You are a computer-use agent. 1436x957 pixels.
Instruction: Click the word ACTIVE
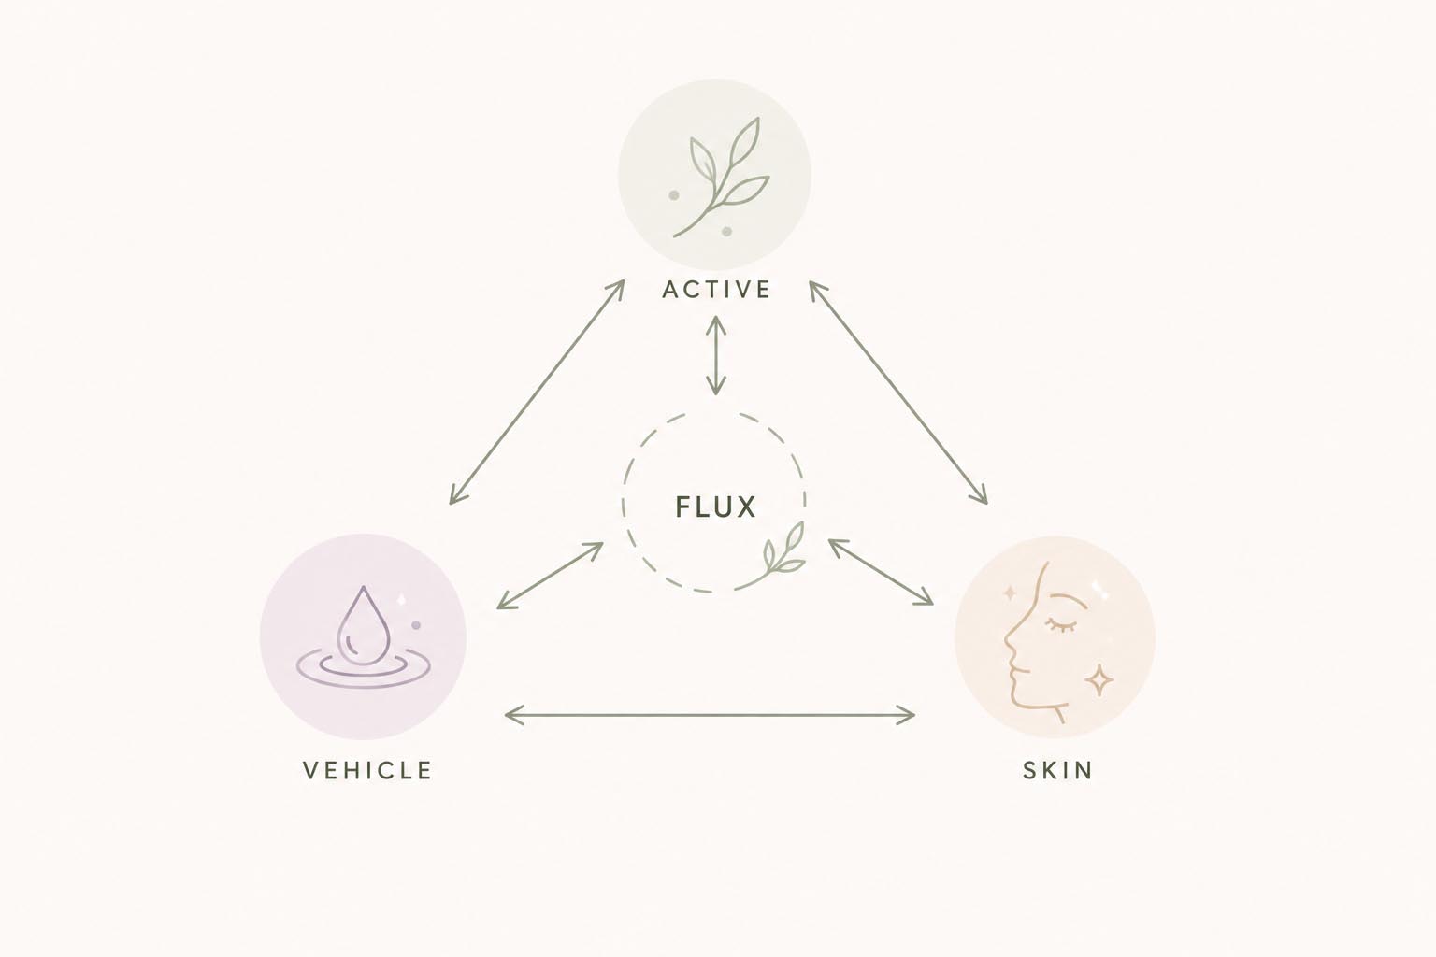coord(716,290)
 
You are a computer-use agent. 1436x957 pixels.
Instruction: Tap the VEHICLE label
coord(367,770)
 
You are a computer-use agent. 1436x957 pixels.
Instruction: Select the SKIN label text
coord(1057,770)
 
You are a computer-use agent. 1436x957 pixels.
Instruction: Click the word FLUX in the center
coord(716,507)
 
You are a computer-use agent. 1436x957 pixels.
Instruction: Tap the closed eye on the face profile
coord(1059,623)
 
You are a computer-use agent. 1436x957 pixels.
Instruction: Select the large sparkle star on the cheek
coord(1100,680)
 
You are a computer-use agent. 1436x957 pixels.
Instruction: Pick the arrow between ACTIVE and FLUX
coord(715,354)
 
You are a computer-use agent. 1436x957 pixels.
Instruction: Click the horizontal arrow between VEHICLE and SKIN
coord(710,714)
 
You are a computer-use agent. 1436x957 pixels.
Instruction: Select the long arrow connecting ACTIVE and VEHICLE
coord(537,393)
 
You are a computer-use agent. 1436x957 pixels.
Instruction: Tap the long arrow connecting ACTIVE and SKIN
coord(897,393)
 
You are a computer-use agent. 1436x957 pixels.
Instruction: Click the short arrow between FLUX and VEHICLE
coord(550,576)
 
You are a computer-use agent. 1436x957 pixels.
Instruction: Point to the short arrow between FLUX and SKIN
coord(881,572)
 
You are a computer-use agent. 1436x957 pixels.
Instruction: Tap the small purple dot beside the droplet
coord(415,625)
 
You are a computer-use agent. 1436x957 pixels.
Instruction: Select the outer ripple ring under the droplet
coord(364,669)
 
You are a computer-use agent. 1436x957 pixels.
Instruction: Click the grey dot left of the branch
coord(674,195)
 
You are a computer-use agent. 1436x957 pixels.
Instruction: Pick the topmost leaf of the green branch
coord(746,139)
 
